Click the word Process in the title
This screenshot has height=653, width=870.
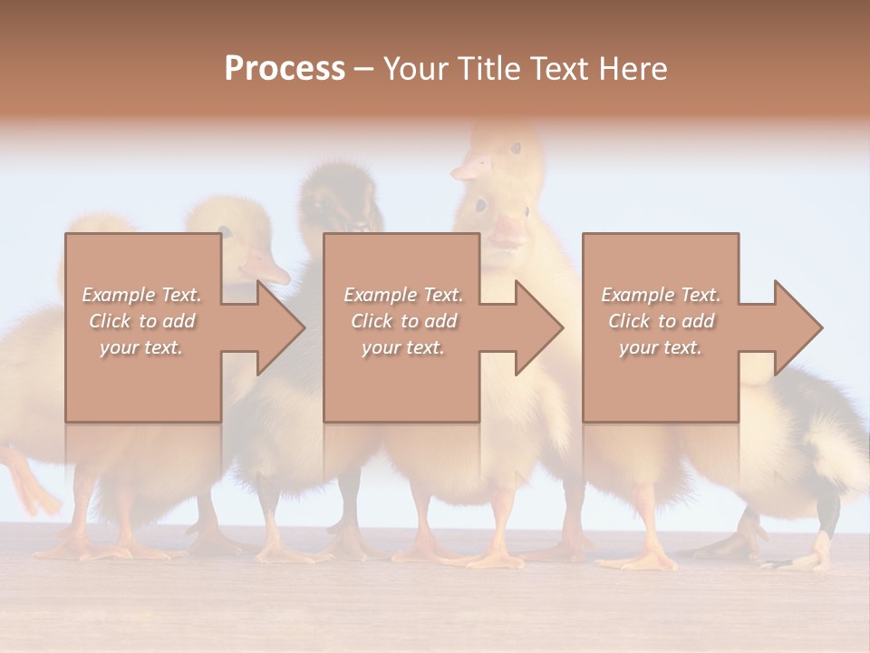(x=285, y=68)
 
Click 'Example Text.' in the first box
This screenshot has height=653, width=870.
(x=141, y=295)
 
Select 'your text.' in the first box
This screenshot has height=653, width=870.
(x=141, y=347)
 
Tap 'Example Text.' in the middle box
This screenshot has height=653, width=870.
(x=403, y=295)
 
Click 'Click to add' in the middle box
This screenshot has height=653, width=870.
(x=403, y=321)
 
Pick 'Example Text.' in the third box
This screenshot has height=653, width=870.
(x=661, y=295)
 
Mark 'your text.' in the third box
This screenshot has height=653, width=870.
(x=661, y=347)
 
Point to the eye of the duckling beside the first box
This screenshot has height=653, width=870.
(x=224, y=233)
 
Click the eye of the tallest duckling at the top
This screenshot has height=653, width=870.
(x=515, y=148)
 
